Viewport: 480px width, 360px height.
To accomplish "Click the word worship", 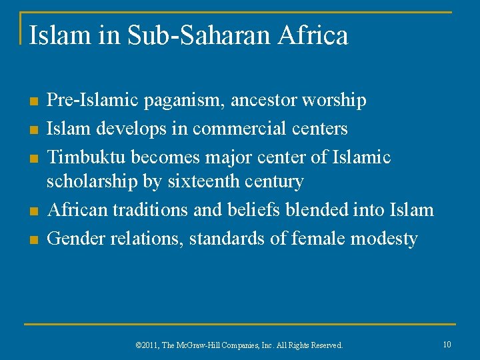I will tap(334, 101).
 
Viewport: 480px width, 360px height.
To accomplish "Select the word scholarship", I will tap(88, 181).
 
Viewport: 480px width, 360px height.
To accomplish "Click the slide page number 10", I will tap(447, 344).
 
